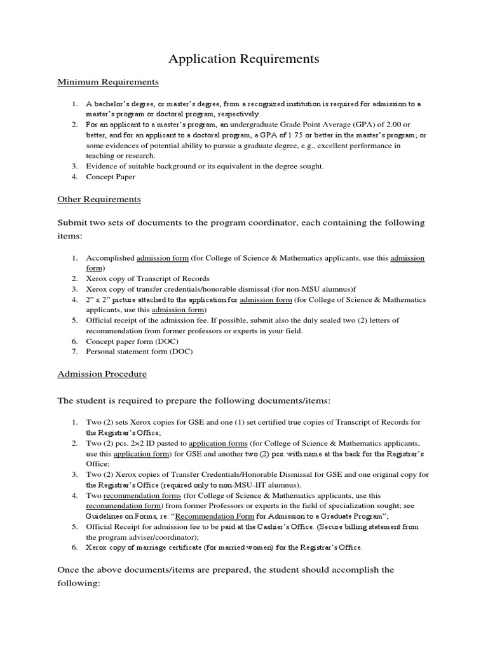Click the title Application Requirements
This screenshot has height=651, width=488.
click(243, 60)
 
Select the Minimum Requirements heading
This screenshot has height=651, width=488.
click(107, 82)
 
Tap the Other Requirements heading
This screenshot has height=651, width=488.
click(98, 199)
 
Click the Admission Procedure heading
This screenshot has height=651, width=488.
click(102, 374)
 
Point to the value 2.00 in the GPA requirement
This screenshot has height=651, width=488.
click(392, 124)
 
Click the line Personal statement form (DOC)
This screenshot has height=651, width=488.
click(139, 351)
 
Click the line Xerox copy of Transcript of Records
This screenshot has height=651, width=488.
click(147, 278)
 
